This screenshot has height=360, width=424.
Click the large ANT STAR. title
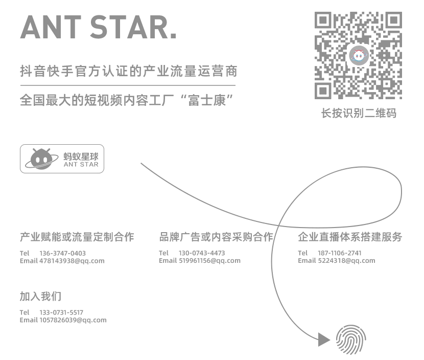click(99, 27)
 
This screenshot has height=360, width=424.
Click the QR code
click(358, 55)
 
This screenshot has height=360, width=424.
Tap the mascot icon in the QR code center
click(359, 56)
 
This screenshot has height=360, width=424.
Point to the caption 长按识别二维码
click(359, 113)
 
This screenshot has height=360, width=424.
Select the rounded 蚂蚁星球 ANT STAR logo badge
click(62, 159)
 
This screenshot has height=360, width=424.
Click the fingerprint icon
click(351, 340)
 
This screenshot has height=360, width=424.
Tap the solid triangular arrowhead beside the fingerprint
click(324, 340)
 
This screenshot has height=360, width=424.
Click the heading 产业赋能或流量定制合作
click(77, 237)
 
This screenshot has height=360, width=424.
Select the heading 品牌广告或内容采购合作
click(216, 237)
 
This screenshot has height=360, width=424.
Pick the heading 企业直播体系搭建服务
click(350, 237)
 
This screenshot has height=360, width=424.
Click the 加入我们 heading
click(40, 296)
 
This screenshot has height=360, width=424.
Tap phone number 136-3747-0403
click(62, 253)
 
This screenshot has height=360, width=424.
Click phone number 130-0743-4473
click(202, 253)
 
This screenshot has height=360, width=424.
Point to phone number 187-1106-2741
click(340, 253)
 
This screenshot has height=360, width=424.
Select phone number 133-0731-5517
click(61, 312)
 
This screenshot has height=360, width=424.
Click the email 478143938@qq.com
click(72, 261)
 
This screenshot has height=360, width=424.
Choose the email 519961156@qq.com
click(209, 261)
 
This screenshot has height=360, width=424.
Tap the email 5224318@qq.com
click(346, 261)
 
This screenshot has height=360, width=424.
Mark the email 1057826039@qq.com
click(73, 320)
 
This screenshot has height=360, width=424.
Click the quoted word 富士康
click(207, 100)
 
